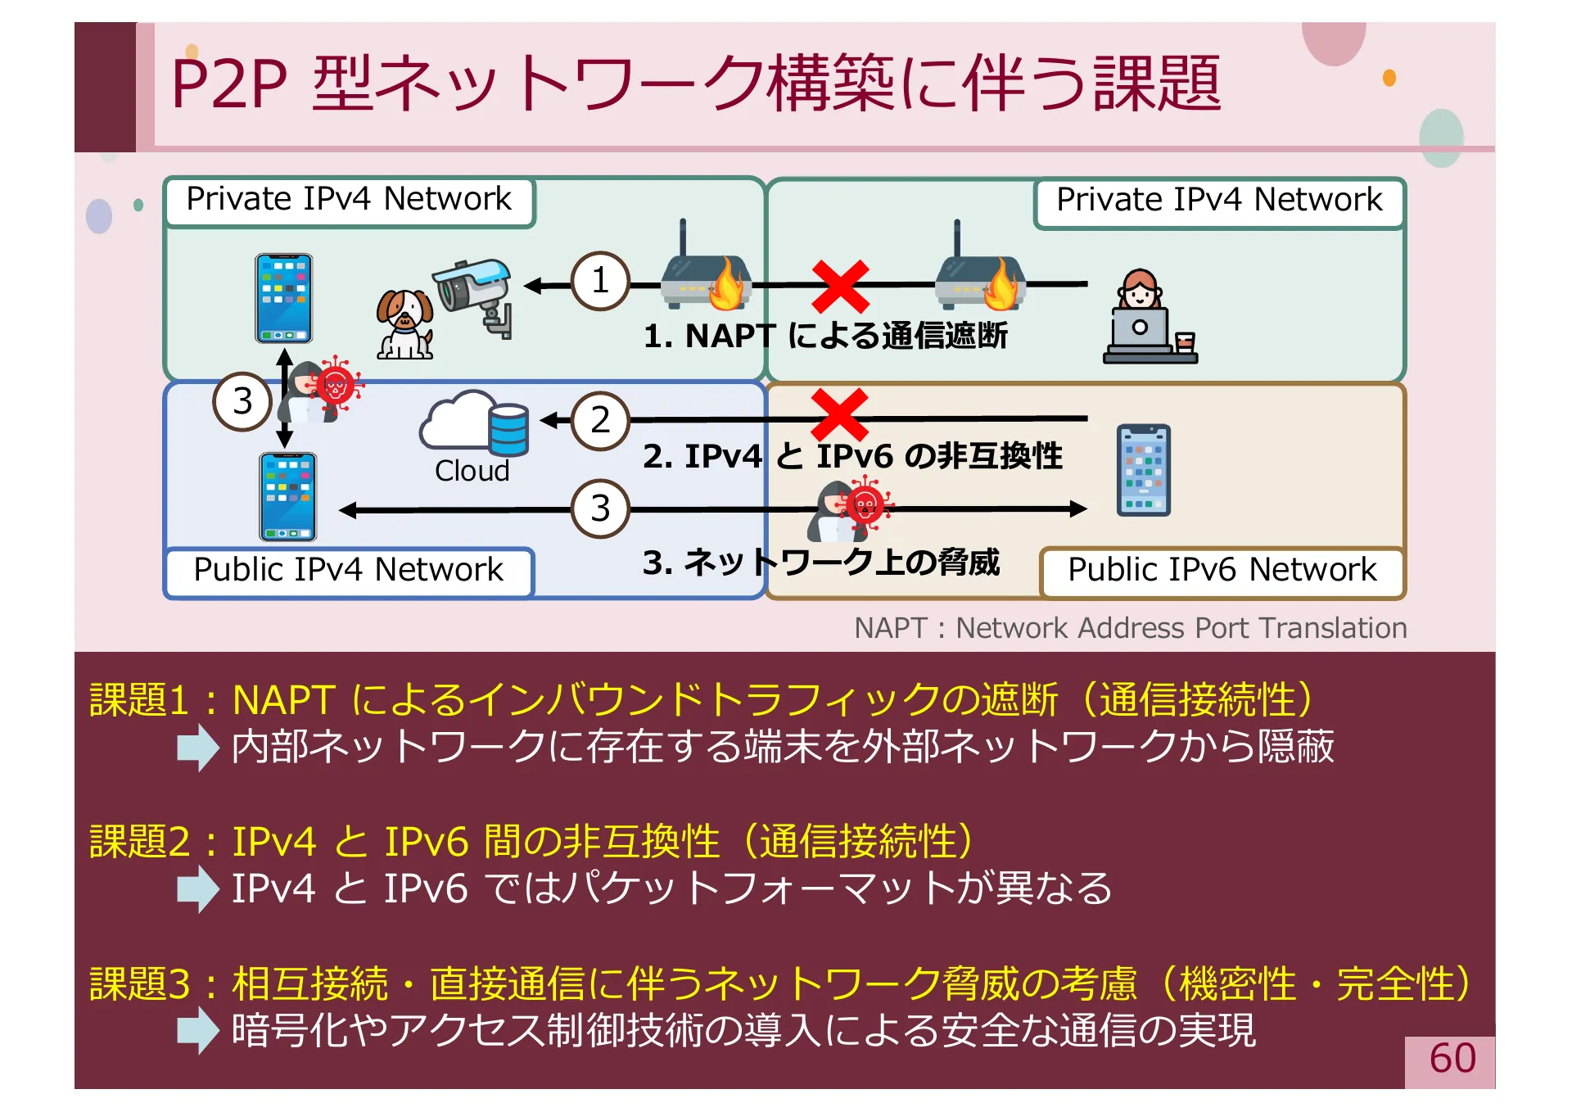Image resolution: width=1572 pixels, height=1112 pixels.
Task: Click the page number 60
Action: coord(1452,1059)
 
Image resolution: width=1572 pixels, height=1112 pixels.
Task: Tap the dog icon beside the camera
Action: coord(404,324)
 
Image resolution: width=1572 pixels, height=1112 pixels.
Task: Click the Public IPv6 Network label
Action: coord(1222,570)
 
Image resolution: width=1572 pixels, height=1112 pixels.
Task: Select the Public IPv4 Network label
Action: coord(348,570)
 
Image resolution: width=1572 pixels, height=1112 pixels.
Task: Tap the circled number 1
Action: coord(600,281)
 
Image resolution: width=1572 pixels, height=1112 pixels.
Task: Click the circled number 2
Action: coord(600,421)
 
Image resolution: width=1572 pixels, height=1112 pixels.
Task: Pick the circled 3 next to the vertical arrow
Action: coord(242,401)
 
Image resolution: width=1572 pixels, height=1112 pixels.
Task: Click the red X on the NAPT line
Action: coord(840,287)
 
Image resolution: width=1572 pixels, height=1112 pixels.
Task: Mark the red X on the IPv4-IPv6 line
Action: coord(838,414)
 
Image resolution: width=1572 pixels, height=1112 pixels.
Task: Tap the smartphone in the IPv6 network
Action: coord(1143,470)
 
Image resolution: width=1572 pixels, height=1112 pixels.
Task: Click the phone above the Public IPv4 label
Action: coord(287,496)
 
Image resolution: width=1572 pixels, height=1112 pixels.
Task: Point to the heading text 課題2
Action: coord(139,842)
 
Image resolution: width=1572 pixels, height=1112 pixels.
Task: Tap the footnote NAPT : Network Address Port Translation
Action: coord(1130,628)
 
